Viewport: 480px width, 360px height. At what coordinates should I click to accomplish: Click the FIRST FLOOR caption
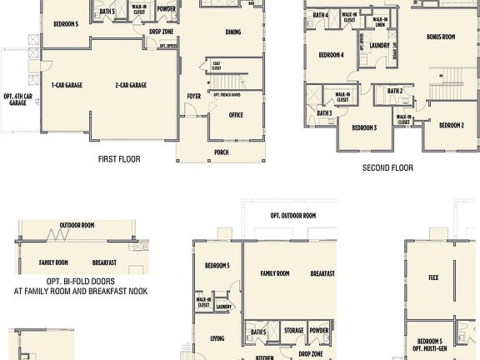pos(119,159)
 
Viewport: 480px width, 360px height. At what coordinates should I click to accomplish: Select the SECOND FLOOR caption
pos(387,167)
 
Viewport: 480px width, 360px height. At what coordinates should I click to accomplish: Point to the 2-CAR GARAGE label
pos(131,85)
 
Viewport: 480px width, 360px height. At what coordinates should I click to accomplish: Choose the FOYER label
pos(193,96)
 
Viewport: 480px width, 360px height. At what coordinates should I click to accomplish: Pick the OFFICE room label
pos(236,115)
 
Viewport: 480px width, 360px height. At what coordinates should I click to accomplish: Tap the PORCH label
pos(222,152)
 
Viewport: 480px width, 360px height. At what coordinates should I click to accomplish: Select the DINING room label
pos(236,32)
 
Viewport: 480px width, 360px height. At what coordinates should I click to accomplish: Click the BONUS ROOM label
pos(440,37)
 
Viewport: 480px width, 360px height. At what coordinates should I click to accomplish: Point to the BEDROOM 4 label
pos(331,55)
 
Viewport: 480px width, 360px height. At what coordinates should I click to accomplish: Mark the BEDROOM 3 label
pos(363,127)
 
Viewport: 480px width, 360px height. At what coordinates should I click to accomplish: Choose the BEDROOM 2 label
pos(451,125)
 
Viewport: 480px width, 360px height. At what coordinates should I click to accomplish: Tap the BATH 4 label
pos(321,15)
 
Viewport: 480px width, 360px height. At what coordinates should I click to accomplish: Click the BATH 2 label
pos(395,90)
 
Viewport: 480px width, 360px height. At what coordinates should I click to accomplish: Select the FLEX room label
pos(433,278)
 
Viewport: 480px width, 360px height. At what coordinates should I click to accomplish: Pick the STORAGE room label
pos(293,331)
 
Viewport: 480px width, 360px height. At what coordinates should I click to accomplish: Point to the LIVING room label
pos(217,338)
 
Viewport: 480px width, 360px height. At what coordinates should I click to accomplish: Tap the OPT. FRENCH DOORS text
pos(227,94)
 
